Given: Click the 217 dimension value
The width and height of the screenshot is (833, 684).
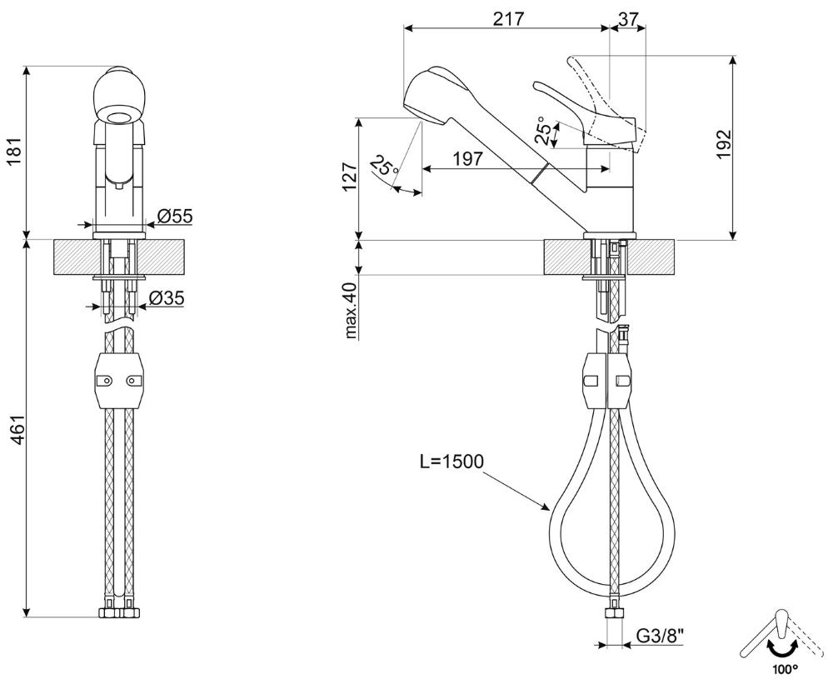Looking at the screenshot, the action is (x=508, y=18).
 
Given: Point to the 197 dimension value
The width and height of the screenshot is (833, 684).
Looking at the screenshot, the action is (x=467, y=158).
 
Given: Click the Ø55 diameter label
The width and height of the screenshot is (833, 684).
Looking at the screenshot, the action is (x=175, y=216).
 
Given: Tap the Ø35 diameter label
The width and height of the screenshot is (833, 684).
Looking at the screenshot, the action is (x=167, y=298).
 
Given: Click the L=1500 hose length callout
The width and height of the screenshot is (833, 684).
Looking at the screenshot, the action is (x=451, y=462).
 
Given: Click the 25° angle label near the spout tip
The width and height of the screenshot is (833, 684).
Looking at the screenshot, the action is (x=384, y=166).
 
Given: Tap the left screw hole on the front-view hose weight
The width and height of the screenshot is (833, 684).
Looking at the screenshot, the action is (x=105, y=381).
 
